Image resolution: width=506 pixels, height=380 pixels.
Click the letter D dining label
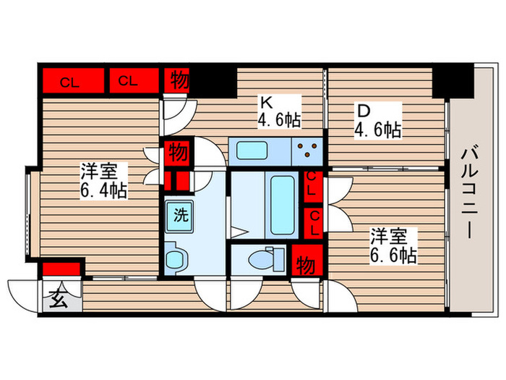point(362,112)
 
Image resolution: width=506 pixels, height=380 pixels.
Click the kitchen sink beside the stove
point(253,152)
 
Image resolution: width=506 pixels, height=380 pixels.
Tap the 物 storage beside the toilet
point(306,265)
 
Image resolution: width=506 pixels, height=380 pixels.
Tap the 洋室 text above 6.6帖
point(394,236)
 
